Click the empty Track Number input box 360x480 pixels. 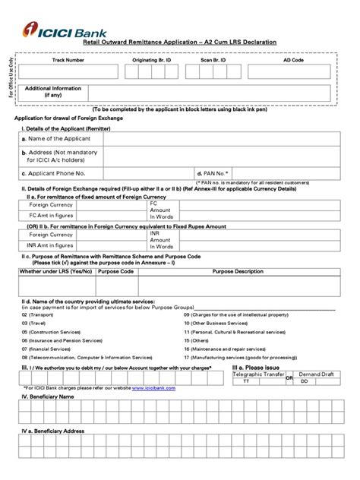coord(68,72)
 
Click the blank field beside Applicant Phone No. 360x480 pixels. coord(149,174)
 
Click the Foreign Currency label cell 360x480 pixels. coord(49,205)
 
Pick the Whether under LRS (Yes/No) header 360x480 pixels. coord(55,270)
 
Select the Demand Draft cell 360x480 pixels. coord(315,374)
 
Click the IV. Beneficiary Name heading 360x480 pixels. coord(47,396)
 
